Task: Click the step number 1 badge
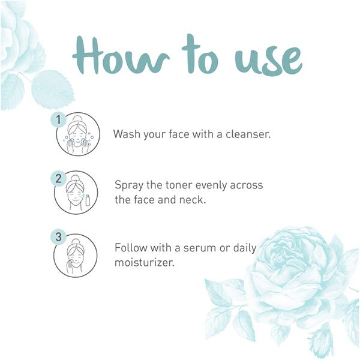click(59, 120)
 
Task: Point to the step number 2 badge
click(59, 178)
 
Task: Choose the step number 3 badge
click(59, 237)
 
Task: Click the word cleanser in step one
click(248, 134)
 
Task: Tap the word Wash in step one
click(127, 134)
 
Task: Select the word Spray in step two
click(129, 185)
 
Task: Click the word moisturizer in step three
click(145, 262)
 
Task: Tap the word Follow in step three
click(131, 248)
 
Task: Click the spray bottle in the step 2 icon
click(88, 200)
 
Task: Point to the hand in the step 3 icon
click(70, 266)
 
